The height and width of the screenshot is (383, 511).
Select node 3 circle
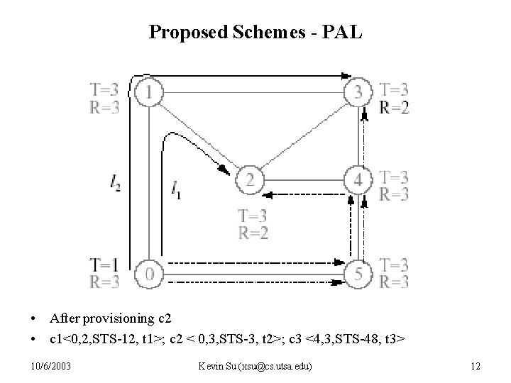358,91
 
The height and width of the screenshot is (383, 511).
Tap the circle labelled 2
250,180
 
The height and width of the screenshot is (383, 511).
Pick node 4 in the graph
358,180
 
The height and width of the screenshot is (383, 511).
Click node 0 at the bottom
150,272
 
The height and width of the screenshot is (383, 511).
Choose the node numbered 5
358,272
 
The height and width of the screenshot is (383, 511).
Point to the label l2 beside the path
116,184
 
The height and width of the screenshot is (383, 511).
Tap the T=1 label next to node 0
104,265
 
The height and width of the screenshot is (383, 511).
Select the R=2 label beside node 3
394,107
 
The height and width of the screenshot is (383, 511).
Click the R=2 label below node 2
253,231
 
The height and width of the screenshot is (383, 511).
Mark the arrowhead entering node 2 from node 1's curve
224,170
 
